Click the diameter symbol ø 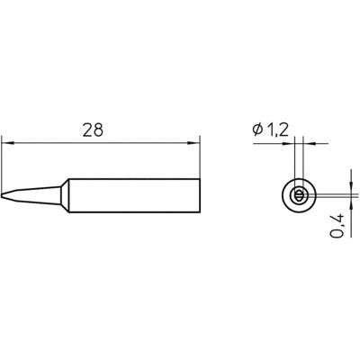coord(256,131)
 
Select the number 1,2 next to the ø coord(276,131)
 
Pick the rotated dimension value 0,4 coord(336,220)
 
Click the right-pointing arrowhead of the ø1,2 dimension coord(291,142)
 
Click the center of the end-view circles coord(299,194)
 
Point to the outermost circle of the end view coord(283,194)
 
